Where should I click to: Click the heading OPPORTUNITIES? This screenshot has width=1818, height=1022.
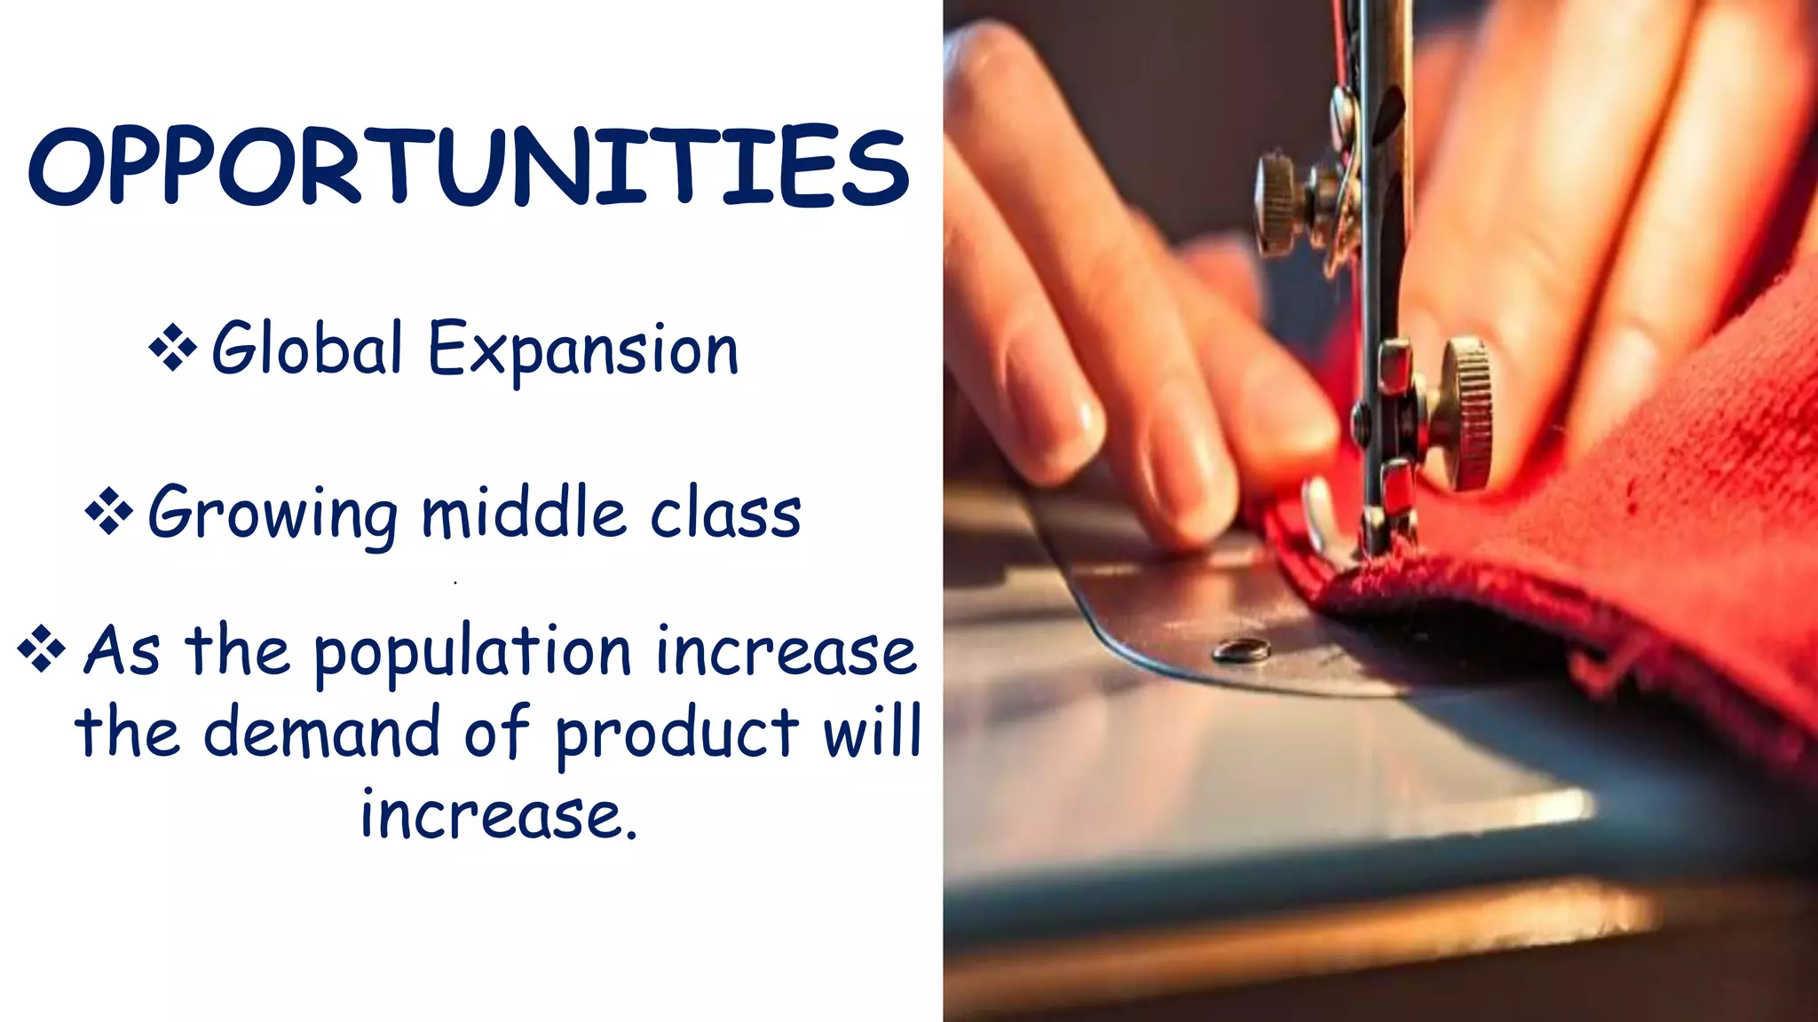coord(469,167)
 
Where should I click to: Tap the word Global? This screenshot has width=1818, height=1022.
coord(307,349)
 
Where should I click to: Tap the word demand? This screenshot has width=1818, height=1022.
coord(321,733)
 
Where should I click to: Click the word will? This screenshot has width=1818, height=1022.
coord(873,731)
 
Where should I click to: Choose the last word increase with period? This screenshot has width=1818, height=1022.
coord(499,814)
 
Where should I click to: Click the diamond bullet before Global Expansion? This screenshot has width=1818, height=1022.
coord(172,347)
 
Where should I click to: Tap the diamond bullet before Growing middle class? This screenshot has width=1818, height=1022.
coord(108,512)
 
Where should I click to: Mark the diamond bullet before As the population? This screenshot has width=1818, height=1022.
coord(41,649)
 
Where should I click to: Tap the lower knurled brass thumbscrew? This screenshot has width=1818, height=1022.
coord(1466,413)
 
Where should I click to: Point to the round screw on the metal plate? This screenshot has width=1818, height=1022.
coord(1241,650)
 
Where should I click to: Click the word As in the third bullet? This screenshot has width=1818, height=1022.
coord(122,651)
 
